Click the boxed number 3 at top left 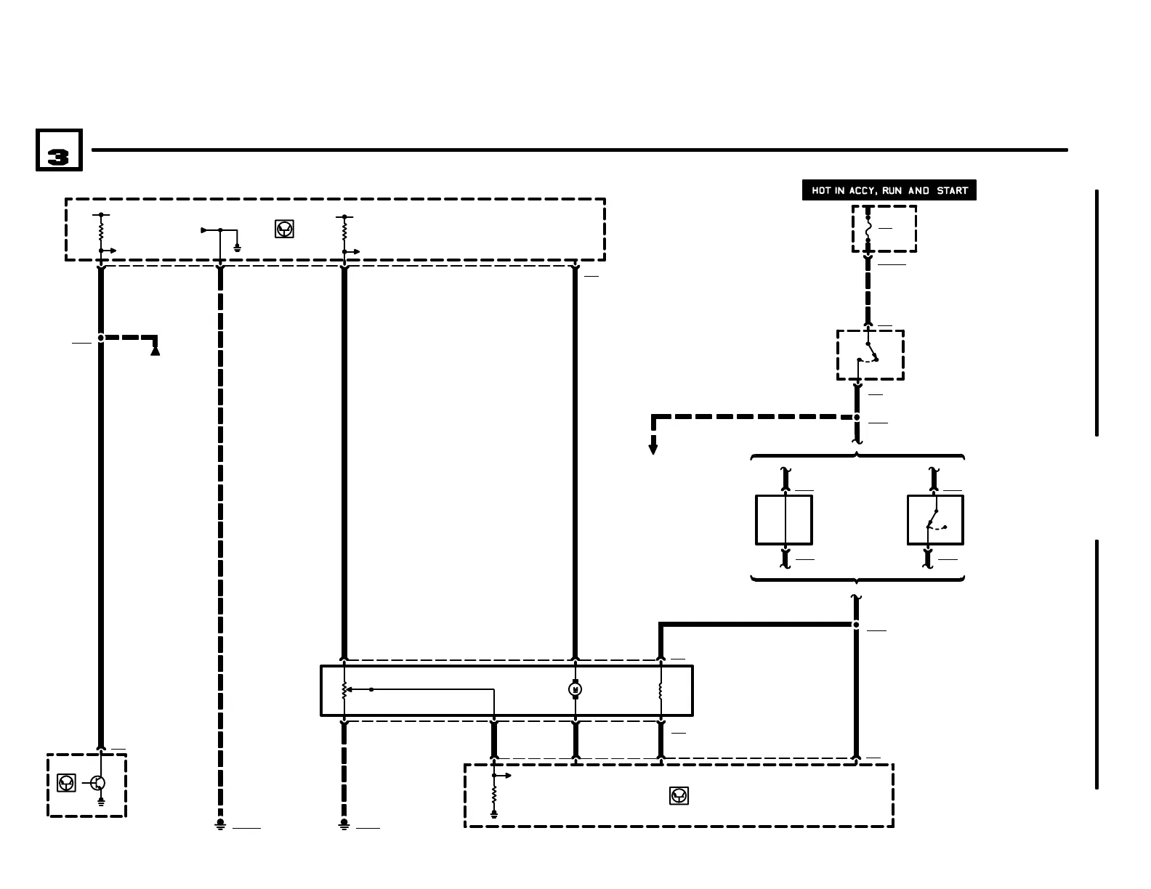pos(59,150)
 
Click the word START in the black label pos(952,191)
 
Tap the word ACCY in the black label pos(863,191)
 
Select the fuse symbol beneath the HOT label pos(868,229)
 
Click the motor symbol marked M pos(575,689)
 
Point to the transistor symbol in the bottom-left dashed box pos(99,783)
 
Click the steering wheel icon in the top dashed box pos(284,230)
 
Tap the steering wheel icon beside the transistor pos(66,783)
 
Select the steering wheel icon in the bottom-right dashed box pos(679,796)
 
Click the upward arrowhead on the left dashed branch pos(155,350)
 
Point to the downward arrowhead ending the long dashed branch pos(653,449)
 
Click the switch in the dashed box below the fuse pos(868,353)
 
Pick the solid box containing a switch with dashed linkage pos(935,520)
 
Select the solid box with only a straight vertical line pos(784,520)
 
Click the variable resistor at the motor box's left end pos(344,689)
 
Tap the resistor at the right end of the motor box pos(661,689)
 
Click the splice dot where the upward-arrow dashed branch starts pos(101,338)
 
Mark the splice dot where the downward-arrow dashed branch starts pos(857,418)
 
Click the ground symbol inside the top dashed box pos(237,248)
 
